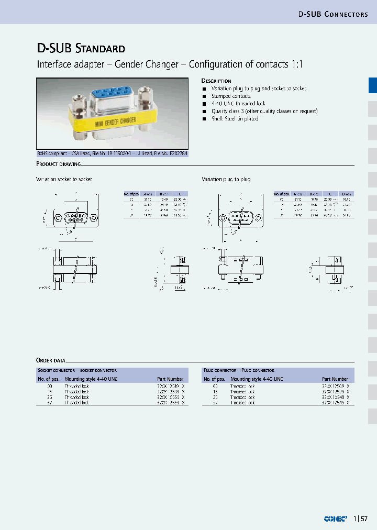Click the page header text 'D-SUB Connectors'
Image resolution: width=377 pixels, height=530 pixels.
333,14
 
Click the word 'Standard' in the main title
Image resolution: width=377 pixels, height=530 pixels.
101,49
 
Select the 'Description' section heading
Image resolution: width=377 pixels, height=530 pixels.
216,81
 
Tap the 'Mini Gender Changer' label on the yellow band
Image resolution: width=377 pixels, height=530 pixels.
116,122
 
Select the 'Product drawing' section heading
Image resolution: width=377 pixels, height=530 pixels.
58,164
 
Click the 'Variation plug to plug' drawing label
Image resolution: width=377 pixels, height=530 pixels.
226,180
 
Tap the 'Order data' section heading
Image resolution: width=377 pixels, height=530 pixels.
51,360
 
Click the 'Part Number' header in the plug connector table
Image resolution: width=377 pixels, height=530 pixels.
335,379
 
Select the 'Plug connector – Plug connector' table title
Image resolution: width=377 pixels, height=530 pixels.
239,370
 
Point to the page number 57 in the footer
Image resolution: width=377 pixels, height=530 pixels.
364,519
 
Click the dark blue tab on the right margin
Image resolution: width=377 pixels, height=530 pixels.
372,85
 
